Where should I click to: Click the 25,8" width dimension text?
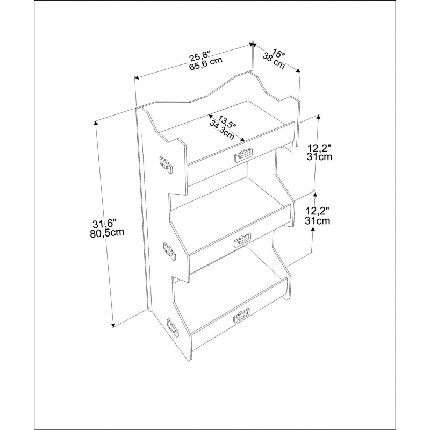(200, 56)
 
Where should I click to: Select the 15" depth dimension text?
(278, 53)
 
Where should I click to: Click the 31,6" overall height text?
(104, 224)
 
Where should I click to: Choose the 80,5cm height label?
(106, 233)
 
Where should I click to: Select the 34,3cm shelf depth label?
(221, 130)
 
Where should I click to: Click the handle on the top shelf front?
(243, 155)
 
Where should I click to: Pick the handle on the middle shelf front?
(242, 240)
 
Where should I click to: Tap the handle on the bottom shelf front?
(241, 315)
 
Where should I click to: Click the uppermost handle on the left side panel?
(166, 165)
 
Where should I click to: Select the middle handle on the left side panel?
(169, 251)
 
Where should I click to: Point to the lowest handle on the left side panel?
(173, 327)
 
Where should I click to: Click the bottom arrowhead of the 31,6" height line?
(113, 325)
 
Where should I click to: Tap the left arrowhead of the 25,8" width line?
(137, 78)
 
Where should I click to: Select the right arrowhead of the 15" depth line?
(298, 71)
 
